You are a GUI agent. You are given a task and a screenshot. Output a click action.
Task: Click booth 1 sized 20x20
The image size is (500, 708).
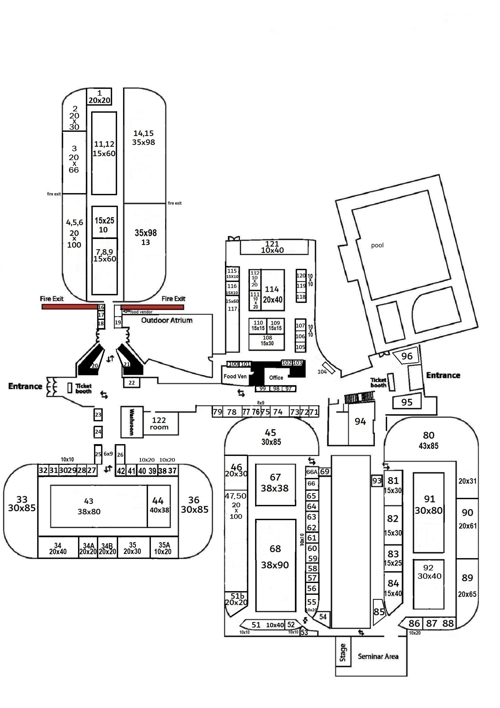pyautogui.click(x=99, y=97)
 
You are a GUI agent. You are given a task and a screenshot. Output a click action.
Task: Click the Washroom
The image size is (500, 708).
pyautogui.click(x=132, y=422)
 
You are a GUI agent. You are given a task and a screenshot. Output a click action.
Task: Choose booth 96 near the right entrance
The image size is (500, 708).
pyautogui.click(x=407, y=356)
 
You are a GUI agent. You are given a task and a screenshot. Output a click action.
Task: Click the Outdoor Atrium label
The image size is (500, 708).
pyautogui.click(x=167, y=320)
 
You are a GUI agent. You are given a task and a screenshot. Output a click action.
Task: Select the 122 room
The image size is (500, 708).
pyautogui.click(x=160, y=424)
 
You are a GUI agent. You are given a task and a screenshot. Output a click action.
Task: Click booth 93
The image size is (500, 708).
pyautogui.click(x=377, y=481)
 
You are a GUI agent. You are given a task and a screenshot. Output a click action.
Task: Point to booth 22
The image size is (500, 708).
pyautogui.click(x=132, y=383)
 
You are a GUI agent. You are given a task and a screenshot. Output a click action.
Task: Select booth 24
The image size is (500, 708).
pyautogui.click(x=98, y=432)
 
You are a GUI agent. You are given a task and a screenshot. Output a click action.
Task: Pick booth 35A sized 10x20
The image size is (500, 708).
pyautogui.click(x=164, y=548)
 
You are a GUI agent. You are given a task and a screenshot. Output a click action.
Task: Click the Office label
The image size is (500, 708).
pyautogui.click(x=276, y=378)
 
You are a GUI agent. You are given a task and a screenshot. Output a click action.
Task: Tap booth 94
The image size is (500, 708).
pyautogui.click(x=360, y=421)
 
